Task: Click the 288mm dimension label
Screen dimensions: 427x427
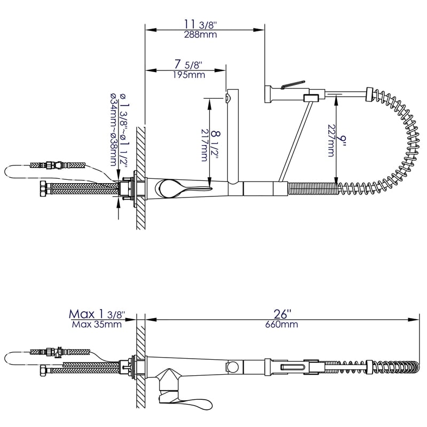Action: pos(196,36)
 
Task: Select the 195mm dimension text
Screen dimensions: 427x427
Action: pos(189,75)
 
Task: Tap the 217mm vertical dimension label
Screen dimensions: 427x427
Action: pos(204,144)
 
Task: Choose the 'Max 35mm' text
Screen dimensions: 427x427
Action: pos(96,324)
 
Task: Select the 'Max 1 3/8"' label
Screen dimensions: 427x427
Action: pos(97,314)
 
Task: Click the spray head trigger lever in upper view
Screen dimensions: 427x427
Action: pos(292,84)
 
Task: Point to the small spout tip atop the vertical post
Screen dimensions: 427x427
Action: pos(228,97)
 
